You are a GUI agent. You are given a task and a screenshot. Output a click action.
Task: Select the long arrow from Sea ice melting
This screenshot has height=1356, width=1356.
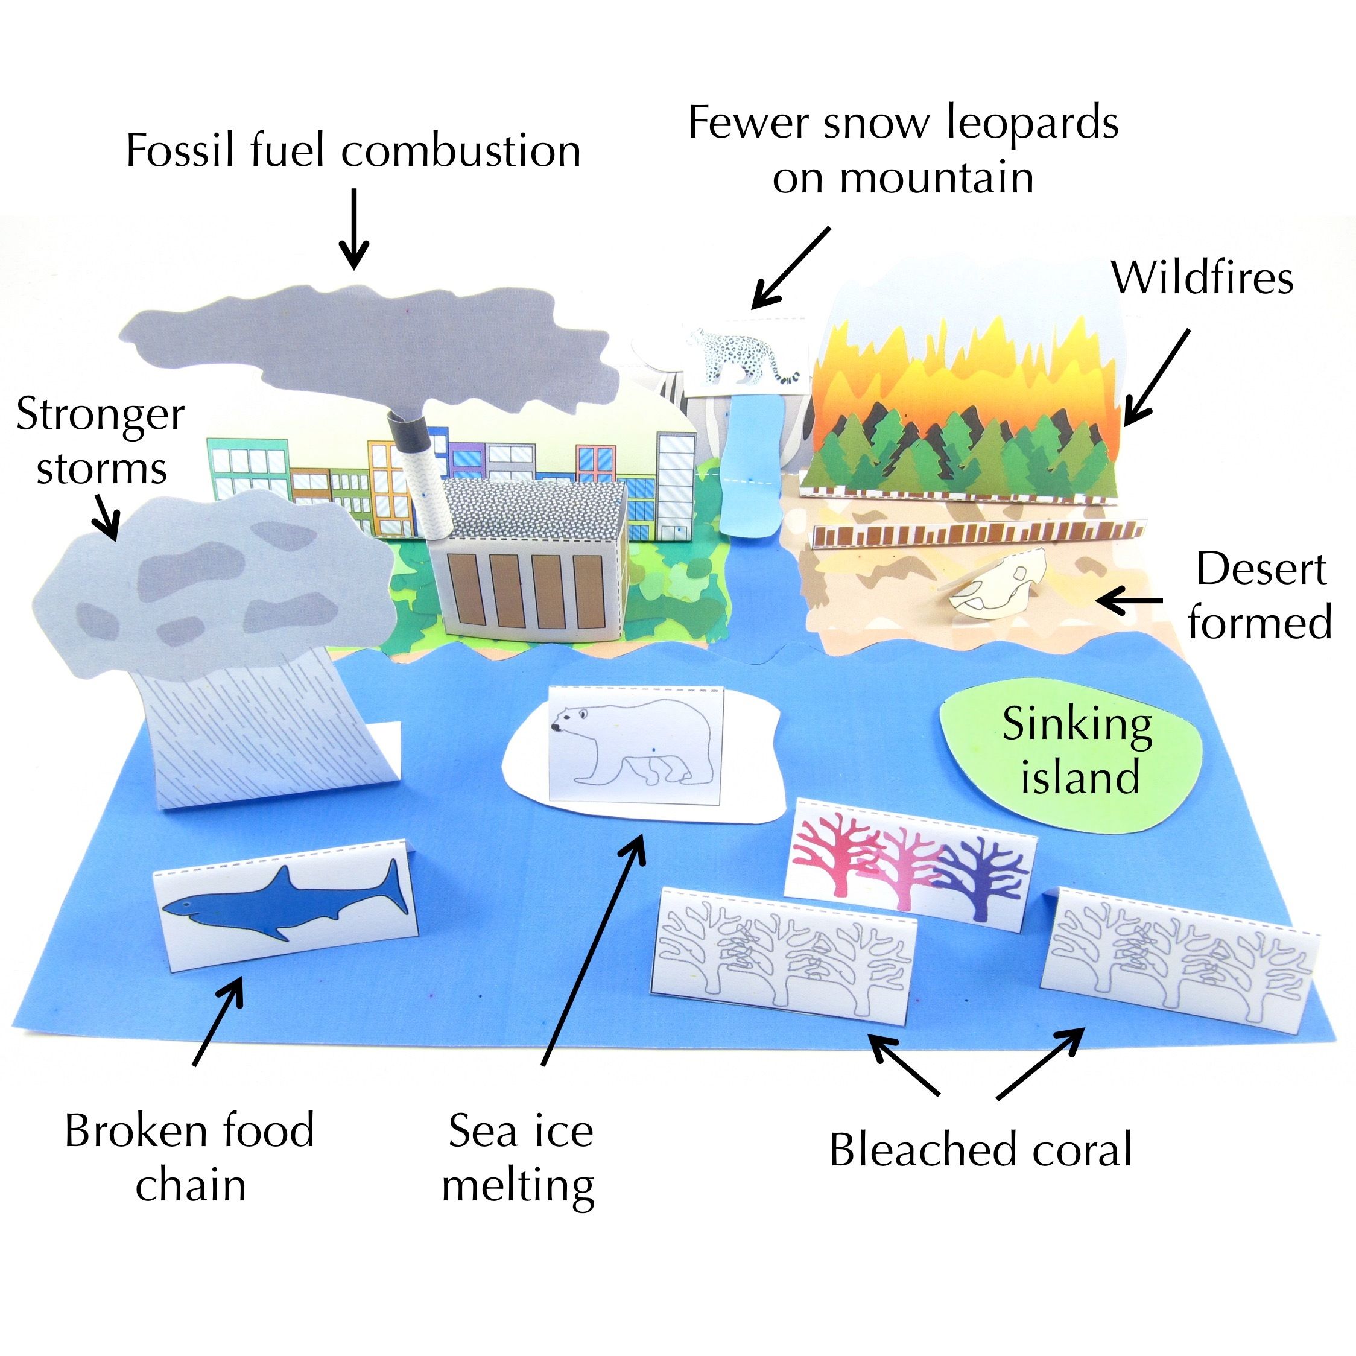(x=593, y=948)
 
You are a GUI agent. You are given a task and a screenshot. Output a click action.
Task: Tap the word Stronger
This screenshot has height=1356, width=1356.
(x=100, y=416)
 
